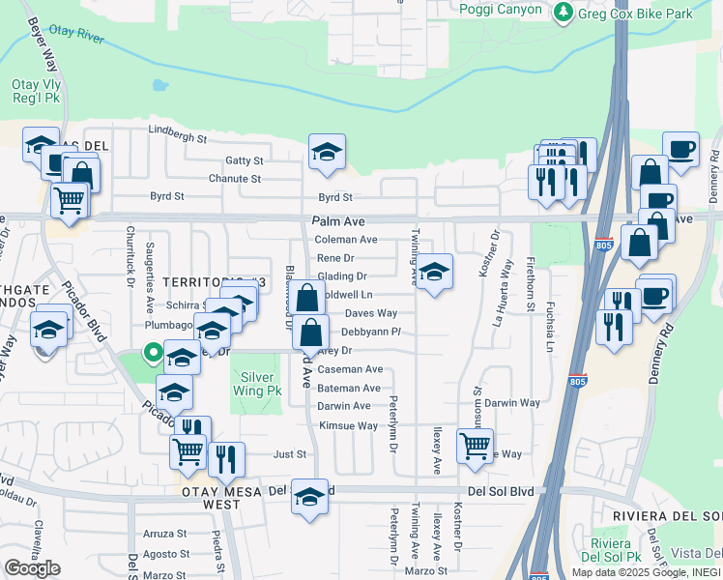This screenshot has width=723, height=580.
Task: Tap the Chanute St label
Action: [235, 179]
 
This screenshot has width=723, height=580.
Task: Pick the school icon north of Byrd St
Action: [328, 151]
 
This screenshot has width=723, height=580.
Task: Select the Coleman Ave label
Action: [346, 240]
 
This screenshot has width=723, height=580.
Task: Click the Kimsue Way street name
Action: [348, 425]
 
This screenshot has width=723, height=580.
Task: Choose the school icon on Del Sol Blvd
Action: [309, 497]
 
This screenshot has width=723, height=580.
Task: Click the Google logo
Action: [32, 568]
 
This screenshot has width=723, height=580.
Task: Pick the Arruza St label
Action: [164, 534]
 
